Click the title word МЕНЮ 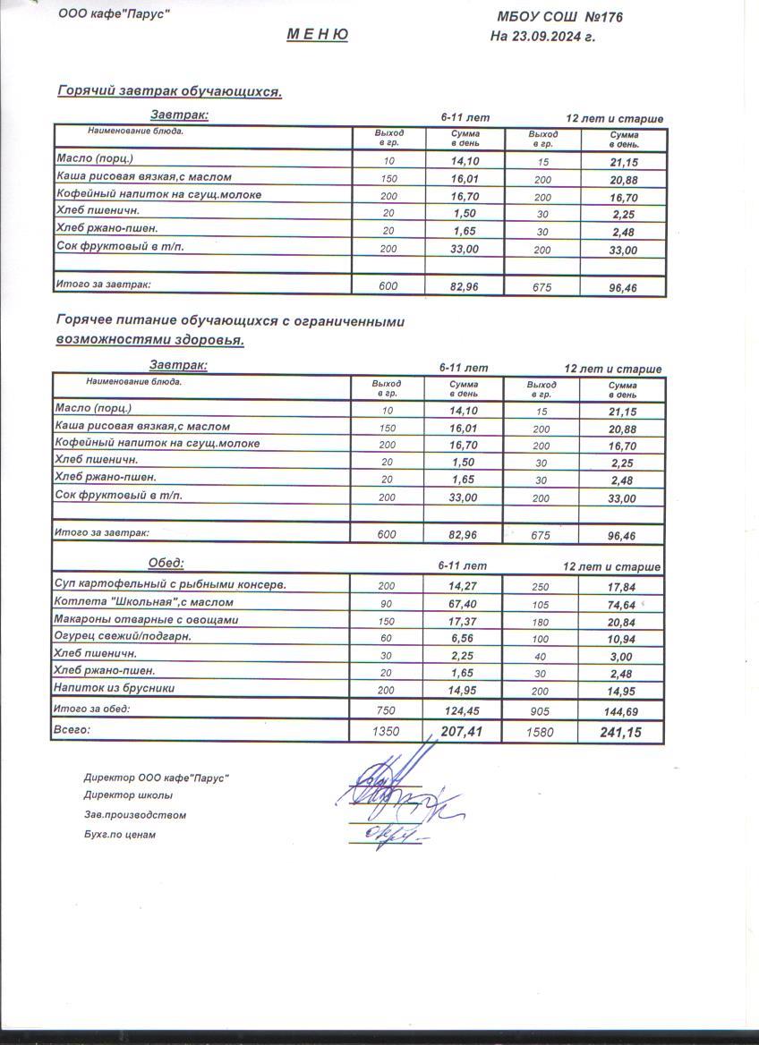317,35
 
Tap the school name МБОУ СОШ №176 559,17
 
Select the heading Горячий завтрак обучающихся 169,91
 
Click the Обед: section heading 166,563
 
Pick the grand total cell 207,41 462,732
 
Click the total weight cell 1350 386,732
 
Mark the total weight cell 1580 541,732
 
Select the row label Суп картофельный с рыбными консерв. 170,584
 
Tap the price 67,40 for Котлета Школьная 462,603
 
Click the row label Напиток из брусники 114,688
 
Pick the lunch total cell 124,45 462,710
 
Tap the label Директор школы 128,795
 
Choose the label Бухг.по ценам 119,835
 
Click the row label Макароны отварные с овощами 146,619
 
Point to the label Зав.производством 134,815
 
